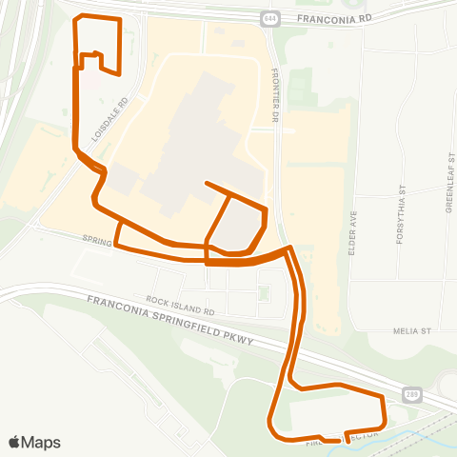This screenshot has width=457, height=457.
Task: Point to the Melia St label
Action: (412, 332)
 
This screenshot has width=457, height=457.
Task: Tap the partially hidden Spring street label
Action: (96, 241)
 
